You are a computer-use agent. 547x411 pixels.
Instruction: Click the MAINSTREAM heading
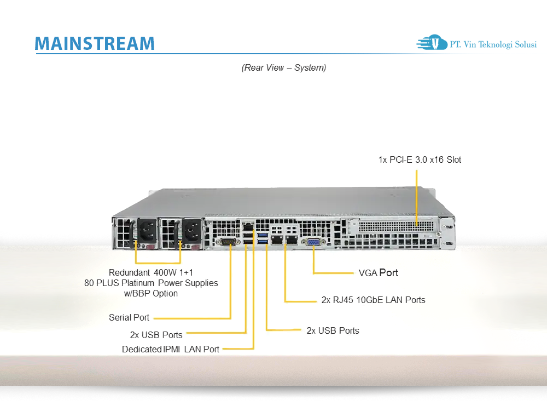(x=94, y=43)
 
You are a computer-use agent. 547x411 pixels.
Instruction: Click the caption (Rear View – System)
(x=284, y=68)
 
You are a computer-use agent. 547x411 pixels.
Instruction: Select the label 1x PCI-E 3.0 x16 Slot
(x=420, y=160)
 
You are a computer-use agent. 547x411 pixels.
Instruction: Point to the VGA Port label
(x=378, y=272)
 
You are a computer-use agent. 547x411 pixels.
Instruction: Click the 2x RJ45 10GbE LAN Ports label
(x=373, y=300)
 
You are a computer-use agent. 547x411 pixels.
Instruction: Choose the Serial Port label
(x=129, y=317)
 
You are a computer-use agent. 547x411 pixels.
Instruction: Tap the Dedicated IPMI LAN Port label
(x=171, y=349)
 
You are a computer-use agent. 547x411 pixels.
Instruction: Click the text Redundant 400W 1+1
(x=151, y=272)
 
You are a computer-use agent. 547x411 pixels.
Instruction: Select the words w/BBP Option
(x=151, y=293)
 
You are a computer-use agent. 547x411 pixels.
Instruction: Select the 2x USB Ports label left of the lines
(x=156, y=334)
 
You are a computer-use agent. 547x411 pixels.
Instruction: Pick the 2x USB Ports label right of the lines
(x=333, y=330)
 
